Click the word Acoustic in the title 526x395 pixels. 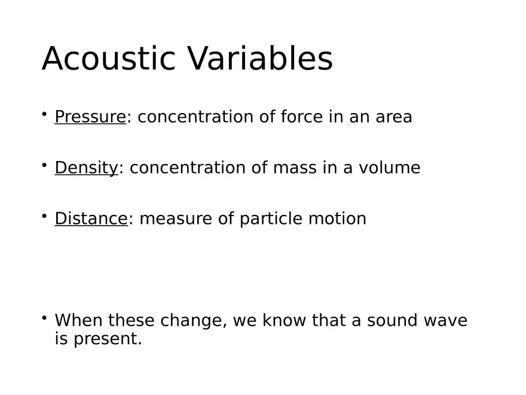pyautogui.click(x=109, y=59)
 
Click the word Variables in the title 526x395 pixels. pyautogui.click(x=259, y=59)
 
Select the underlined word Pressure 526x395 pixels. pyautogui.click(x=90, y=117)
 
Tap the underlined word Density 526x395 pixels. pyautogui.click(x=87, y=168)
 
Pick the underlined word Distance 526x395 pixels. pyautogui.click(x=91, y=219)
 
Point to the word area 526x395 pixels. pyautogui.click(x=394, y=117)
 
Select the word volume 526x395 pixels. pyautogui.click(x=389, y=168)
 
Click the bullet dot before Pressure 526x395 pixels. pyautogui.click(x=44, y=113)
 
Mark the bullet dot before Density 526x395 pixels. pyautogui.click(x=44, y=164)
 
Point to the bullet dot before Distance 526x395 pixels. pyautogui.click(x=44, y=215)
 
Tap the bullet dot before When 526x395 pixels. pyautogui.click(x=44, y=317)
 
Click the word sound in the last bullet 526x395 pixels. pyautogui.click(x=391, y=321)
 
